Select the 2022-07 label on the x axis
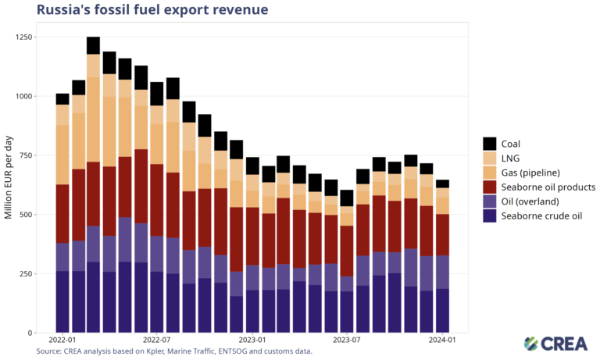click(x=156, y=341)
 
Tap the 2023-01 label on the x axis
click(x=252, y=341)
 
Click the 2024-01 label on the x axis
click(x=442, y=341)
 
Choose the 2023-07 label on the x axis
click(x=346, y=341)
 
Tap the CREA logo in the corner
click(x=554, y=344)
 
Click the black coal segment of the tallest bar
click(x=93, y=45)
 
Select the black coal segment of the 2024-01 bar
click(x=442, y=184)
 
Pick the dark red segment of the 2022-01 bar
click(x=62, y=214)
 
